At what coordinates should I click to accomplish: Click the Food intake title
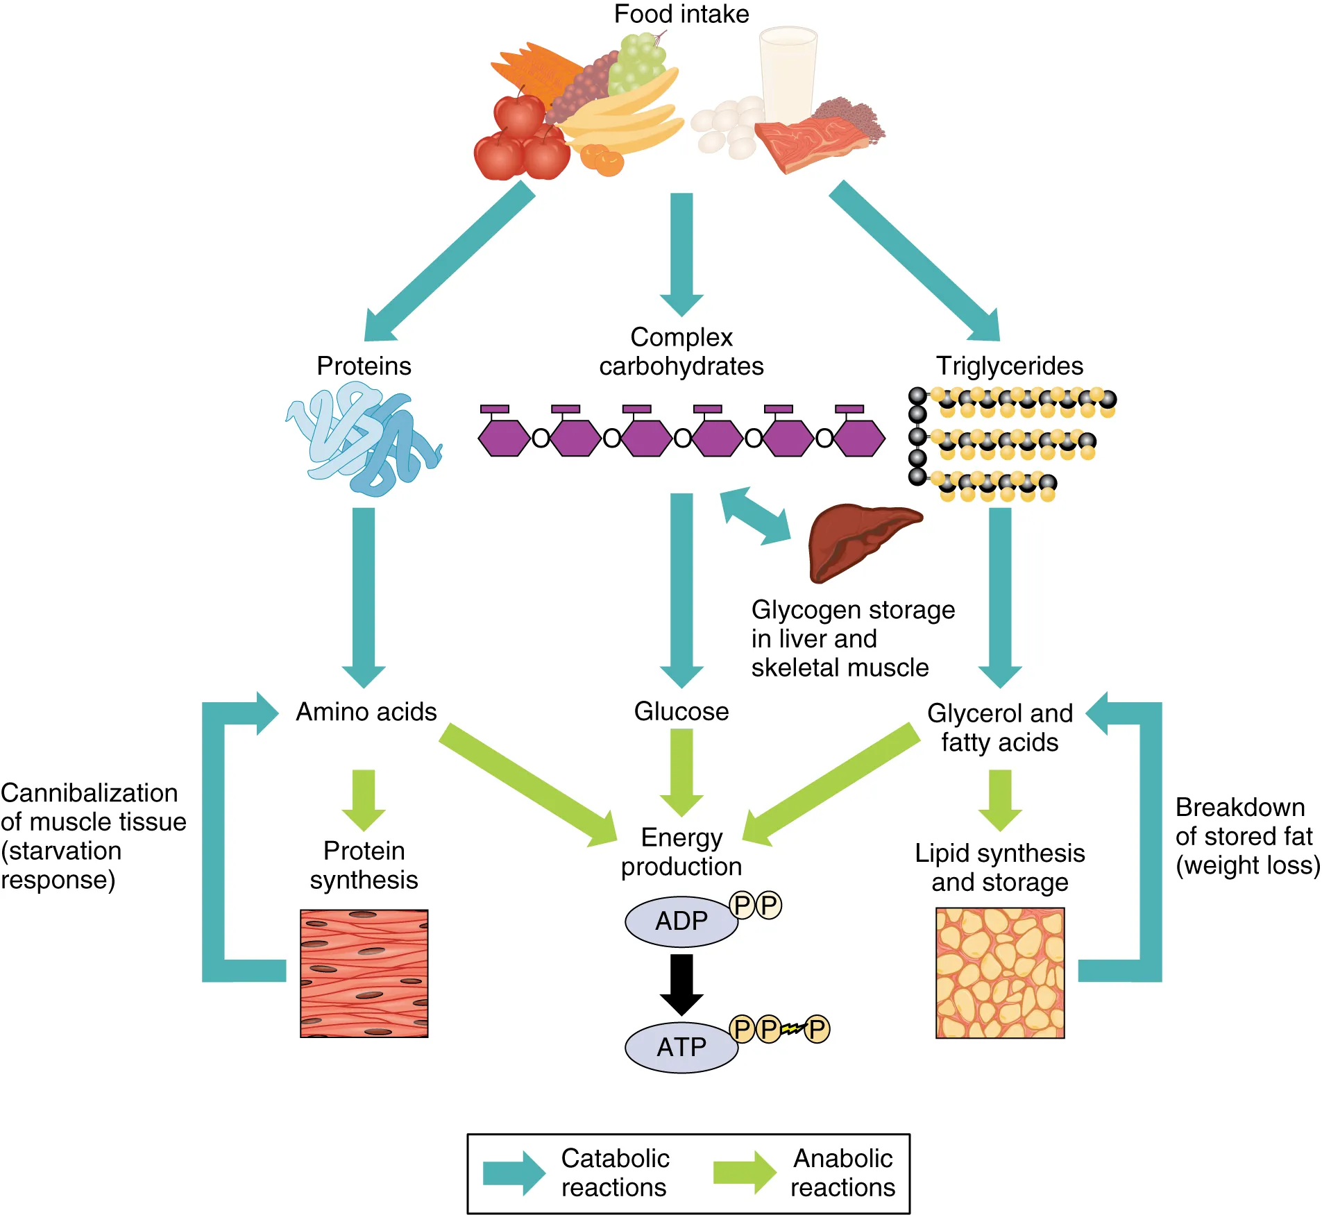point(681,14)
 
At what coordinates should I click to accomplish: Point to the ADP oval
point(681,921)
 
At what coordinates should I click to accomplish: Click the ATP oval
point(681,1047)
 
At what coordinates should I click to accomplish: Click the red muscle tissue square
point(364,973)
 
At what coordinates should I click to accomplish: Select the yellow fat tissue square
point(999,973)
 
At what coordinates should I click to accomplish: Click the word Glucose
point(681,711)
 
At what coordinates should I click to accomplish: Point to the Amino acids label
point(366,712)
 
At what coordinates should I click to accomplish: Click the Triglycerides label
point(1009,366)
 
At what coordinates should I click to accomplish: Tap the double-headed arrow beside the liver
point(755,516)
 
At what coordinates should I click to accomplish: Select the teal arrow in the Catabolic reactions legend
point(514,1173)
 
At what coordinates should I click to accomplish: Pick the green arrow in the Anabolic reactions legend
point(744,1173)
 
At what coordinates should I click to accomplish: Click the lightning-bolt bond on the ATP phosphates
point(793,1028)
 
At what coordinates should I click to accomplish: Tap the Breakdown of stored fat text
point(1246,836)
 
